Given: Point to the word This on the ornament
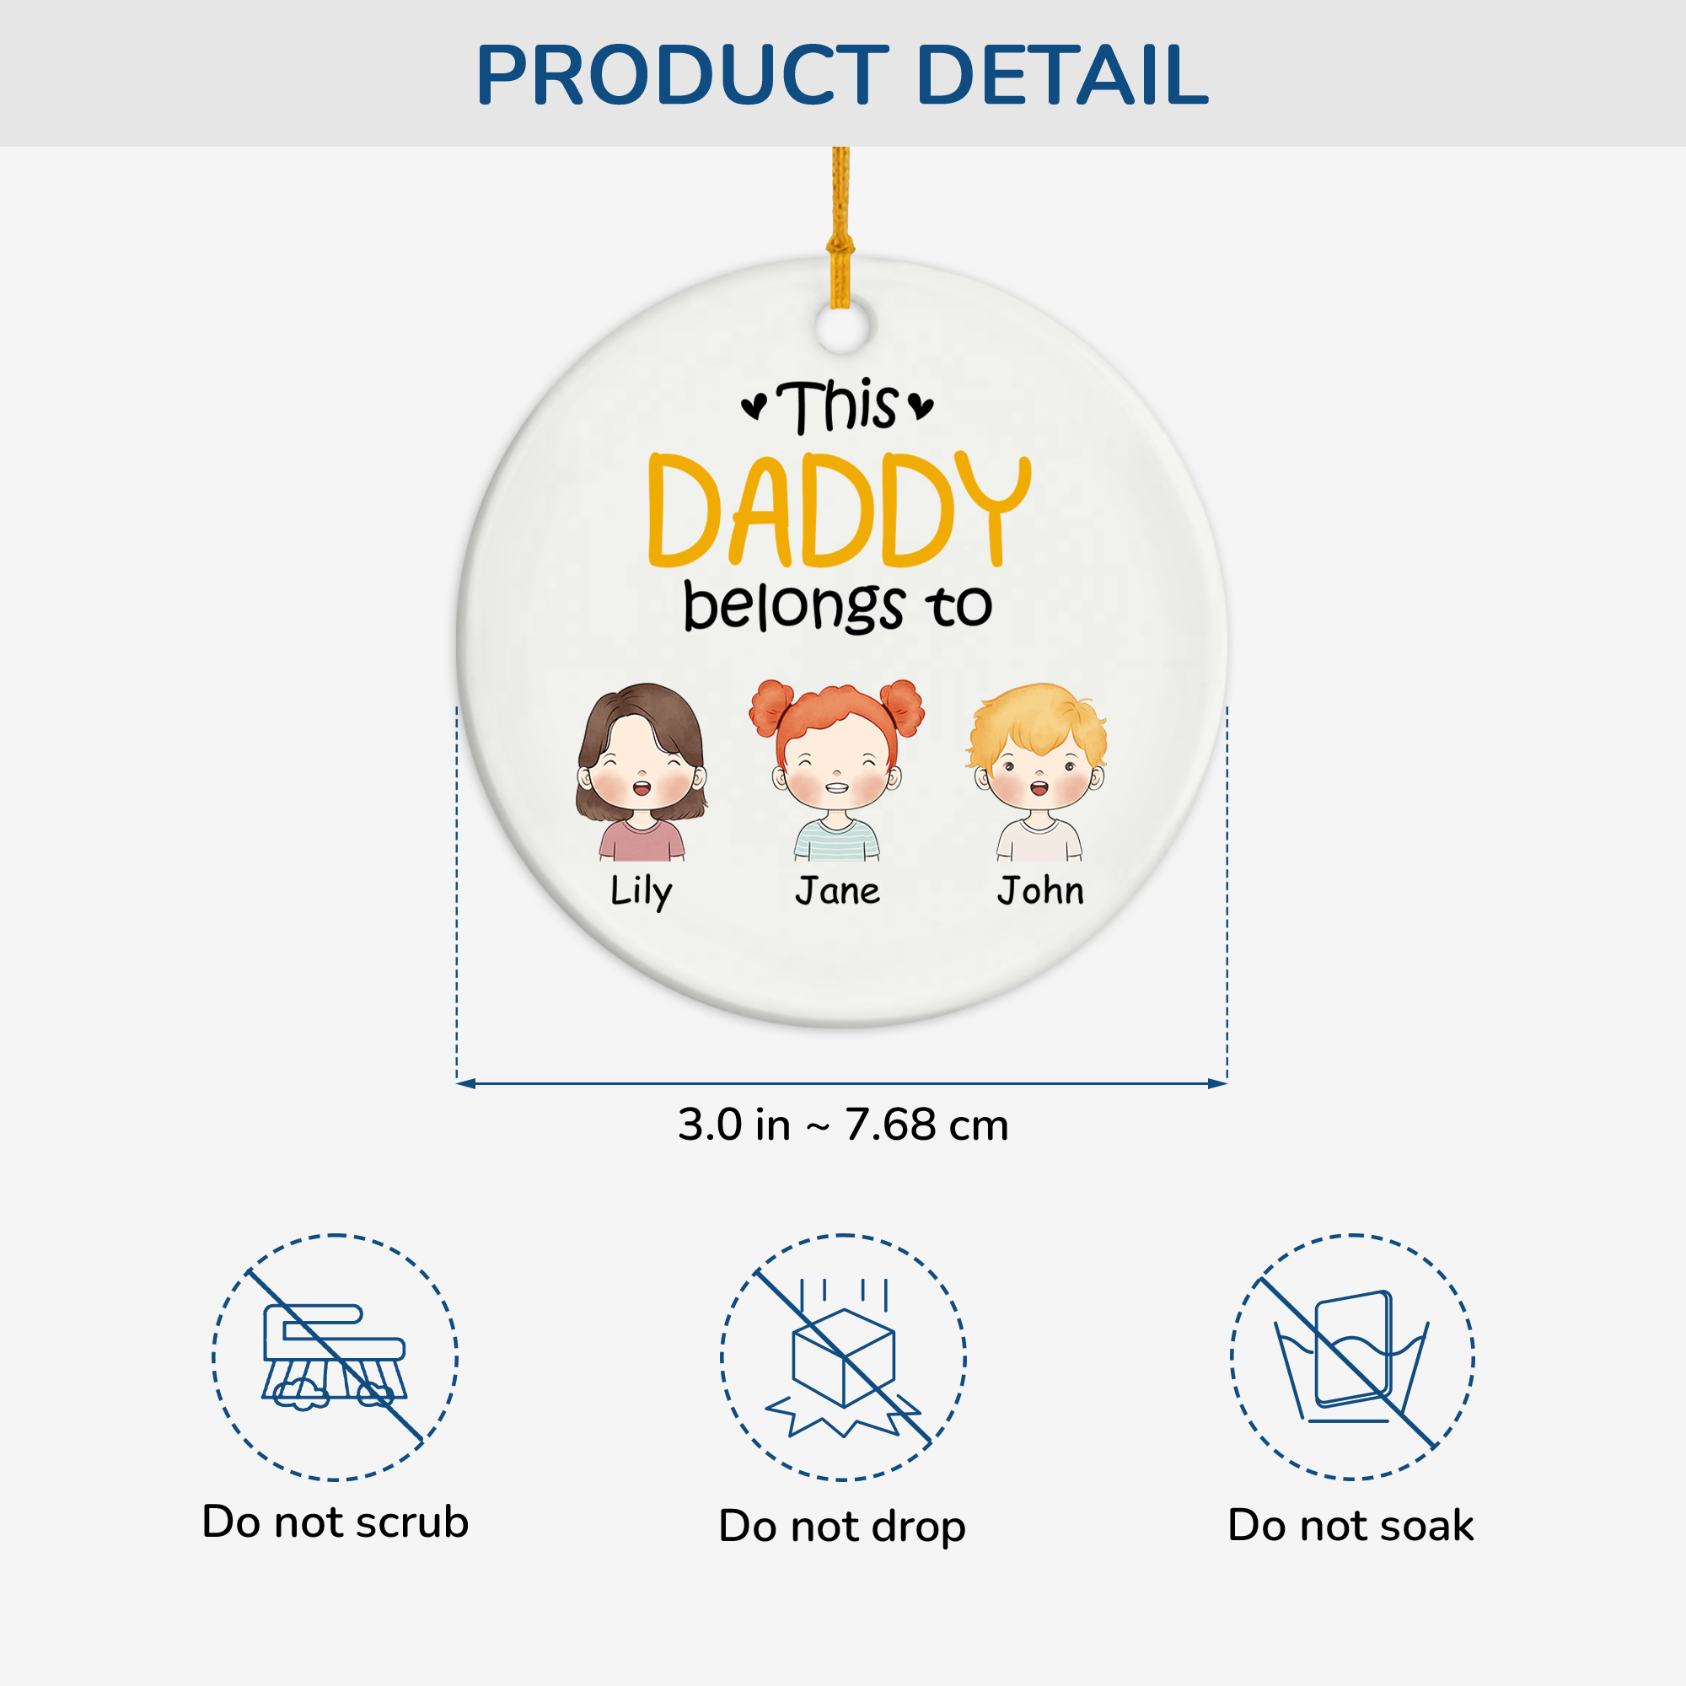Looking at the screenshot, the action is click(x=837, y=406).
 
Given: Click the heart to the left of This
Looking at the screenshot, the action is click(x=754, y=406).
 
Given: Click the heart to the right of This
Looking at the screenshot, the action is click(x=921, y=406).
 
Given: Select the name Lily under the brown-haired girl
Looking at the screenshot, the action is click(x=642, y=892).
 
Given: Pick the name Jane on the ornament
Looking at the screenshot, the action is click(x=838, y=891).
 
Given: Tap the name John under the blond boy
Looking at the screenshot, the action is click(x=1041, y=890).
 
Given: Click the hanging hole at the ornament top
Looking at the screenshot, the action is click(x=843, y=326).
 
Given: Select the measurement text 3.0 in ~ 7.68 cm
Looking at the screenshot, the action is click(x=843, y=1124).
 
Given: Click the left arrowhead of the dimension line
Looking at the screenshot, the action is click(x=466, y=1084).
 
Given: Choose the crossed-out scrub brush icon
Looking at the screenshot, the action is click(x=336, y=1357).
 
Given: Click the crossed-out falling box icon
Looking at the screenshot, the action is click(x=843, y=1357).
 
